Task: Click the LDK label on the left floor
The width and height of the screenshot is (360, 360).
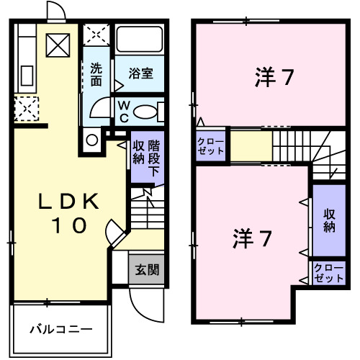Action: coord(69,201)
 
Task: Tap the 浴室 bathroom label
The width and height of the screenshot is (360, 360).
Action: coord(140,73)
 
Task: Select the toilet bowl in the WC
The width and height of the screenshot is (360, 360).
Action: coord(145,112)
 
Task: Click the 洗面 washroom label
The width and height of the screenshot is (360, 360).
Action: coord(96,75)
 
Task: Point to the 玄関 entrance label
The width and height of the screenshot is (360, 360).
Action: coord(147,270)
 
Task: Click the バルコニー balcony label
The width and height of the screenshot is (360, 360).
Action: coord(61,330)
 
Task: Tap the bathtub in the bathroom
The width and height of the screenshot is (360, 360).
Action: coord(140,39)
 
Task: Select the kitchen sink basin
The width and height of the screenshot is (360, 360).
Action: coord(27,76)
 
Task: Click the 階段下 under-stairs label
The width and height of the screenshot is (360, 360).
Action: coord(154,158)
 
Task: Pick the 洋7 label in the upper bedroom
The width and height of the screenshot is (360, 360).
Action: coord(274,77)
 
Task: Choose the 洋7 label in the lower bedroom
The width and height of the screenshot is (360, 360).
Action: coord(253,238)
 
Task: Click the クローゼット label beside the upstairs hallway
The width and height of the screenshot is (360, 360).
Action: coord(210,146)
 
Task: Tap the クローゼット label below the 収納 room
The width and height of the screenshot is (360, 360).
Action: coord(329,274)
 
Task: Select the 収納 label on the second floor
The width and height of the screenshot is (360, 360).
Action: coord(329,220)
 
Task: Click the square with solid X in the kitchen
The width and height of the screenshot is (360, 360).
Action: coord(58,45)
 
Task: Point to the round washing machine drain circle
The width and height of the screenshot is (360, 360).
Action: coord(92,140)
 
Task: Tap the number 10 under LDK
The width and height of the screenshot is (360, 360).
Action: coord(69,225)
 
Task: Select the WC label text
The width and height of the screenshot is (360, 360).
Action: coord(124,112)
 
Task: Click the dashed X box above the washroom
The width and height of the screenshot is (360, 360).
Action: coord(96,35)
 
